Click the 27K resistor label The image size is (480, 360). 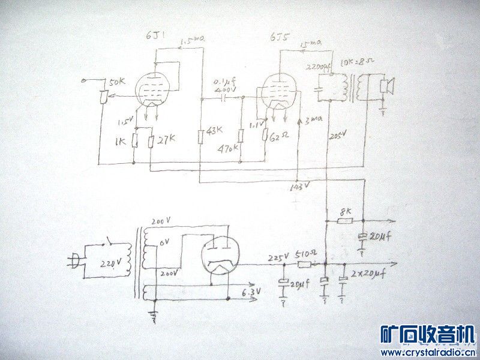(160, 140)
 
